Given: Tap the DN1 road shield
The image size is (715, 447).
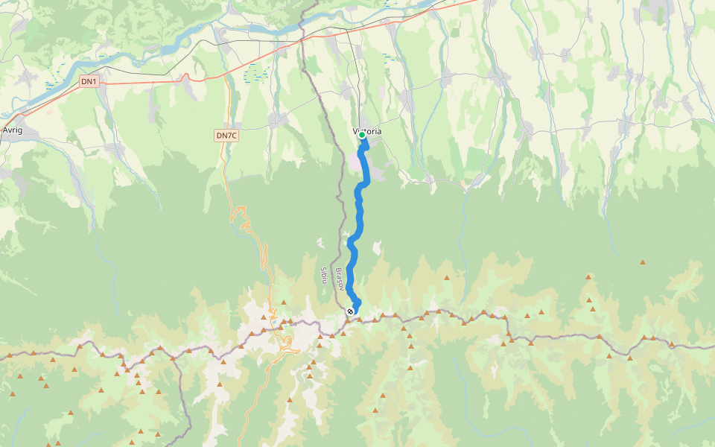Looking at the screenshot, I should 89,80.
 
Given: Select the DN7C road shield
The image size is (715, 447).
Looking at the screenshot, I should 226,135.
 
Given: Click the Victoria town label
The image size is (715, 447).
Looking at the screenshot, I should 366,131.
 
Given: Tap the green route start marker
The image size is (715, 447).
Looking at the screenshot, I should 362,136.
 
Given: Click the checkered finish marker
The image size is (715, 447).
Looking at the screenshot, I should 350,311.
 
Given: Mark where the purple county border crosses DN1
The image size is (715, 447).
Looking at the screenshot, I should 302,40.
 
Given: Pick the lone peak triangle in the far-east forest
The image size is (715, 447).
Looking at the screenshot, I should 642,262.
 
